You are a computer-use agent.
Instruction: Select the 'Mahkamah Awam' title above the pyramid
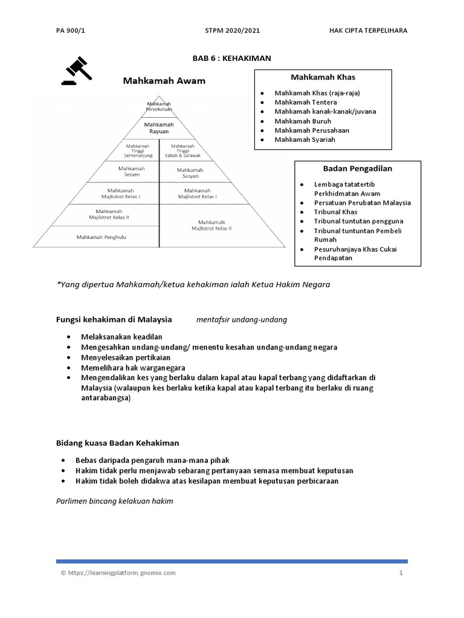point(164,80)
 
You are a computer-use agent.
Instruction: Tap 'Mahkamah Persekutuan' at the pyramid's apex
point(159,107)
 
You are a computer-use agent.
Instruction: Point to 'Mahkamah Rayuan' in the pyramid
point(159,127)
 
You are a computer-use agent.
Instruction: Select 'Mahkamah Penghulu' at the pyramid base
point(101,237)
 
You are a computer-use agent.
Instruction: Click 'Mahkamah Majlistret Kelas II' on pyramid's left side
point(109,214)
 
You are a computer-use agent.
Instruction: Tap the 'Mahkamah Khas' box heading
point(323,77)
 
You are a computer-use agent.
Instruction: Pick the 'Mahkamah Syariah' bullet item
point(304,139)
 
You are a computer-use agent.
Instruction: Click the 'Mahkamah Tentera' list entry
point(306,103)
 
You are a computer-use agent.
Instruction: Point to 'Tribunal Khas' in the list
point(335,212)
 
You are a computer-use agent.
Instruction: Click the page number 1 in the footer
point(400,573)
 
